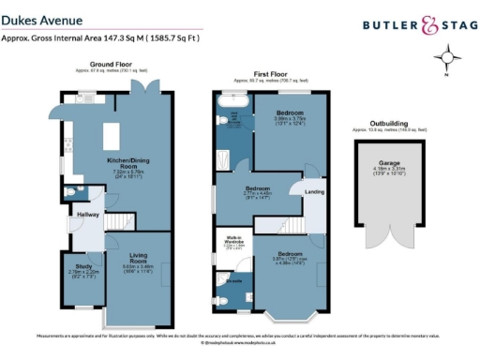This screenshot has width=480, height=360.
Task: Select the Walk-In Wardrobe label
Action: tap(227, 244)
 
